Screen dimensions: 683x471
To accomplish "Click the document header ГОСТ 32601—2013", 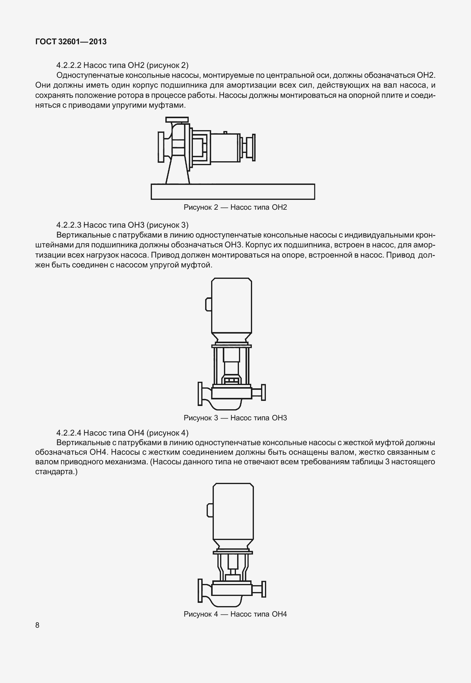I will (71, 42).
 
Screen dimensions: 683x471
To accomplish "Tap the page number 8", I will (37, 625).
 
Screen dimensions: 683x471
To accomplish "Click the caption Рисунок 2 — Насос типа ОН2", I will (235, 207).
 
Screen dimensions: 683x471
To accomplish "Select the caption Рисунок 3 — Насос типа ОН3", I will (235, 418).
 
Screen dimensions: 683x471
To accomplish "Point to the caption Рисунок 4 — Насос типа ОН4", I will (235, 614).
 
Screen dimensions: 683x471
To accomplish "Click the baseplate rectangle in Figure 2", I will (233, 191).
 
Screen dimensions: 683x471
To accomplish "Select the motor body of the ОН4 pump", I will (233, 512).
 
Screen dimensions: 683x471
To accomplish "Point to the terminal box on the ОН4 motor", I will (210, 509).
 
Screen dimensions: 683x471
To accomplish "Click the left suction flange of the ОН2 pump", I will (161, 147).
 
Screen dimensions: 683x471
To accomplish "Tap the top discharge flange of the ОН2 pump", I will (177, 120).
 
